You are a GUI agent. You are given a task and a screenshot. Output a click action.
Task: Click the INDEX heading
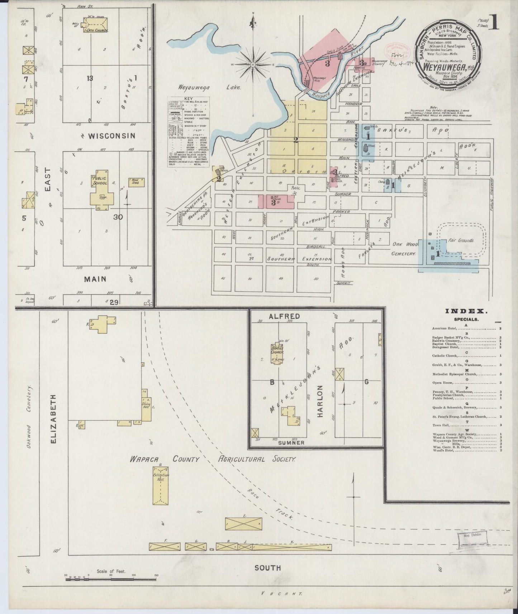click(x=465, y=312)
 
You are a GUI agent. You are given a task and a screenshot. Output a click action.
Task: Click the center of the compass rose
click(x=253, y=64)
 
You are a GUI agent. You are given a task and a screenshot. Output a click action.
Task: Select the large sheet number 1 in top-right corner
click(x=495, y=23)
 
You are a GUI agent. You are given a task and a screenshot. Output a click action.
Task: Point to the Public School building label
click(x=100, y=181)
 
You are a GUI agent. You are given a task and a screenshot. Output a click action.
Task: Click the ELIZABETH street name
click(x=54, y=419)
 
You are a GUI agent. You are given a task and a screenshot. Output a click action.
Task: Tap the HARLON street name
click(x=320, y=401)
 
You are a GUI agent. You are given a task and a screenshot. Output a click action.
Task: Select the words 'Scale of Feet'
click(x=111, y=571)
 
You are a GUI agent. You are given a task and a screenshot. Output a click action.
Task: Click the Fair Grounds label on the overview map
click(x=461, y=240)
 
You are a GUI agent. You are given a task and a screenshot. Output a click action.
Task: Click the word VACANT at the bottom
click(x=281, y=593)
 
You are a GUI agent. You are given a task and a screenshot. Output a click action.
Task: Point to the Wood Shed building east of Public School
click(x=136, y=182)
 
